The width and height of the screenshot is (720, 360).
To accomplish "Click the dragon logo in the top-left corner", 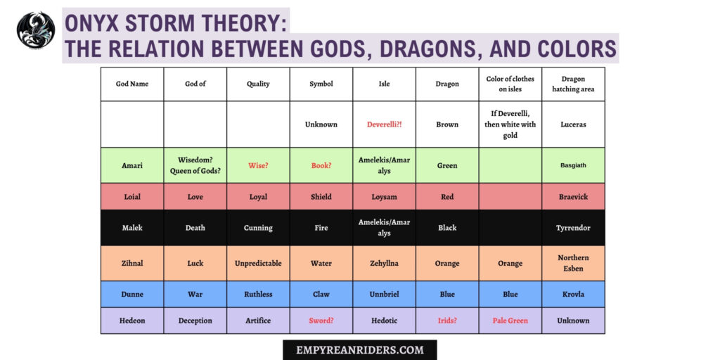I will tap(36, 30).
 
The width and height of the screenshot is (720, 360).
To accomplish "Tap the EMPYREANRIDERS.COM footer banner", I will tap(360, 349).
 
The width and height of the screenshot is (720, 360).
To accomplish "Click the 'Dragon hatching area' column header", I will tap(573, 84).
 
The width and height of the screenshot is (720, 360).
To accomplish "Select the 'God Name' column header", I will tap(132, 84).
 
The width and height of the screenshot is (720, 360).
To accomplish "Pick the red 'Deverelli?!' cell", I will tap(384, 124).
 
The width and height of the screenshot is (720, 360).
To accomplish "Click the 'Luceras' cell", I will tap(573, 124).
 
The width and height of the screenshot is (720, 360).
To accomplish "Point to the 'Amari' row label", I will tap(132, 166).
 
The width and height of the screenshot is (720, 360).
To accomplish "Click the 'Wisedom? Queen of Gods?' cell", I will tap(195, 166).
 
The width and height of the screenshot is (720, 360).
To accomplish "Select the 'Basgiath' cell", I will tap(573, 166).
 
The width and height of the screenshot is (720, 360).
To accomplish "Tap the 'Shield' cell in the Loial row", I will tap(321, 197).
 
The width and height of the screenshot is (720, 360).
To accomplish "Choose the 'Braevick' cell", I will tap(573, 197).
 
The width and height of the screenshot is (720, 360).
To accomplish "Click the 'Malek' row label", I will tap(132, 228).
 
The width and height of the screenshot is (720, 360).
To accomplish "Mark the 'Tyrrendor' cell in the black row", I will tap(573, 228).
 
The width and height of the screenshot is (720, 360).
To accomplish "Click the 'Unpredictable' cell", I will tap(258, 264).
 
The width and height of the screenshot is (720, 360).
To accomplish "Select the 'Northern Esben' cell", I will tap(573, 264).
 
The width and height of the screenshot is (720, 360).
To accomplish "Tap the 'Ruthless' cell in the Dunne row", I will tap(258, 295).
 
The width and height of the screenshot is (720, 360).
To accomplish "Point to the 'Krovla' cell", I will tap(573, 295).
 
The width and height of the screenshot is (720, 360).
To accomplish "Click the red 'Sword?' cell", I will tap(321, 321).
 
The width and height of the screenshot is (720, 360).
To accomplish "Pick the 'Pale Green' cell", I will tap(510, 321).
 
